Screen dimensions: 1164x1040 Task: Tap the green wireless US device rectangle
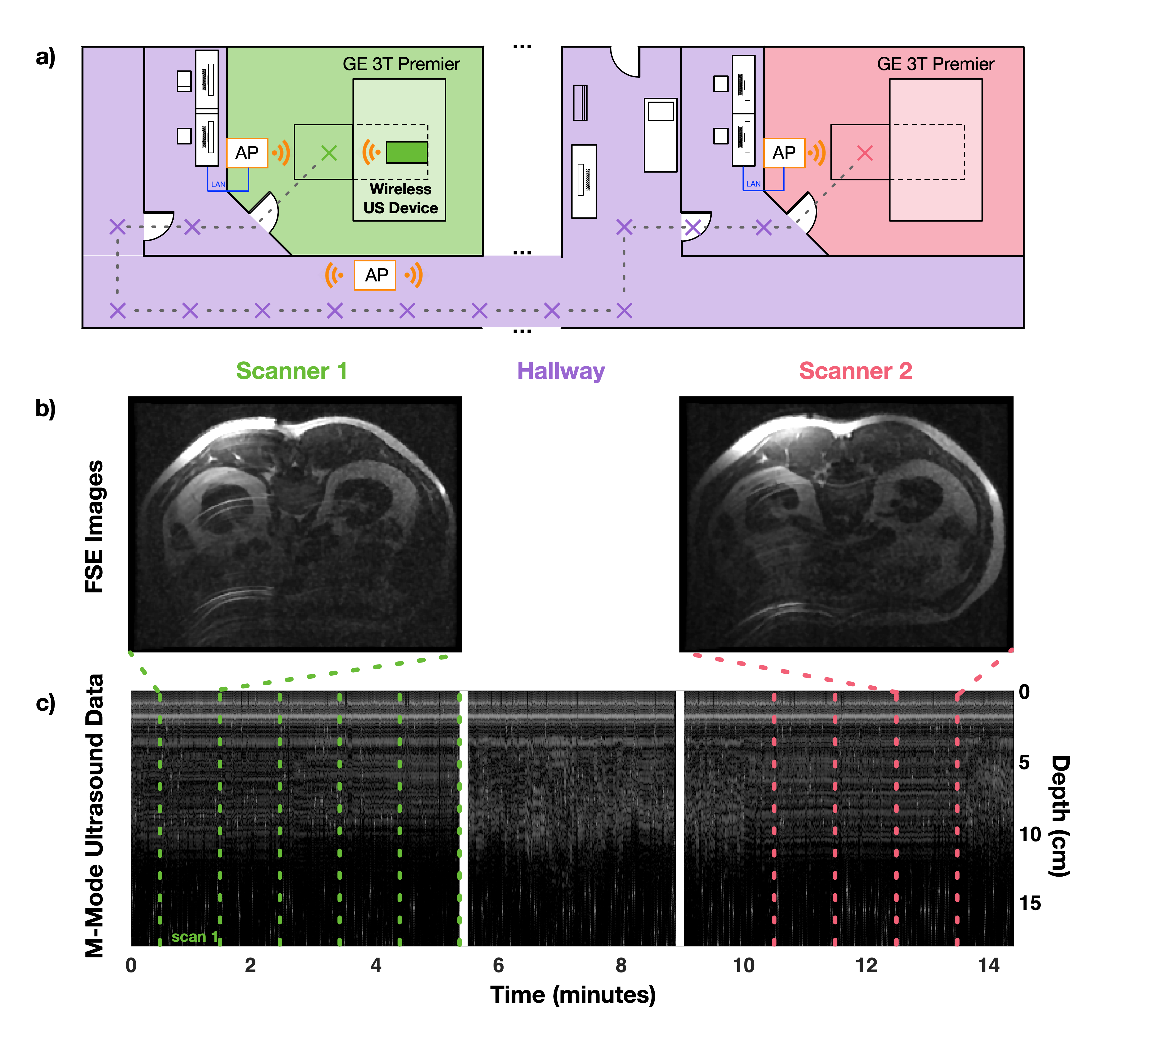point(407,152)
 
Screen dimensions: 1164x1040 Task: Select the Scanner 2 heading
point(855,371)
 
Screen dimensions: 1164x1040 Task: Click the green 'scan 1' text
point(194,936)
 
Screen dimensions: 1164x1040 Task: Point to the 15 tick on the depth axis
point(1030,903)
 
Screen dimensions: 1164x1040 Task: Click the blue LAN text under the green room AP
point(218,184)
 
